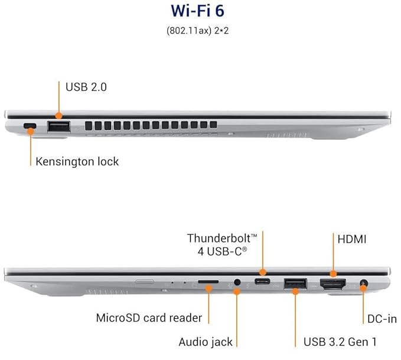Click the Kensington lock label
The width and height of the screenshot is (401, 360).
[x=77, y=161]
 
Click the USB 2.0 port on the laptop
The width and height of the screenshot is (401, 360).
[x=58, y=126]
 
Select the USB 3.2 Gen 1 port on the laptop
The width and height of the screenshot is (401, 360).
[x=294, y=284]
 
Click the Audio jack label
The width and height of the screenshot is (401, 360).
[x=206, y=341]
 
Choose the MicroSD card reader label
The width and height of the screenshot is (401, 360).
[x=149, y=318]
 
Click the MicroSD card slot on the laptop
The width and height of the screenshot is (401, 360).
[x=206, y=284]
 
